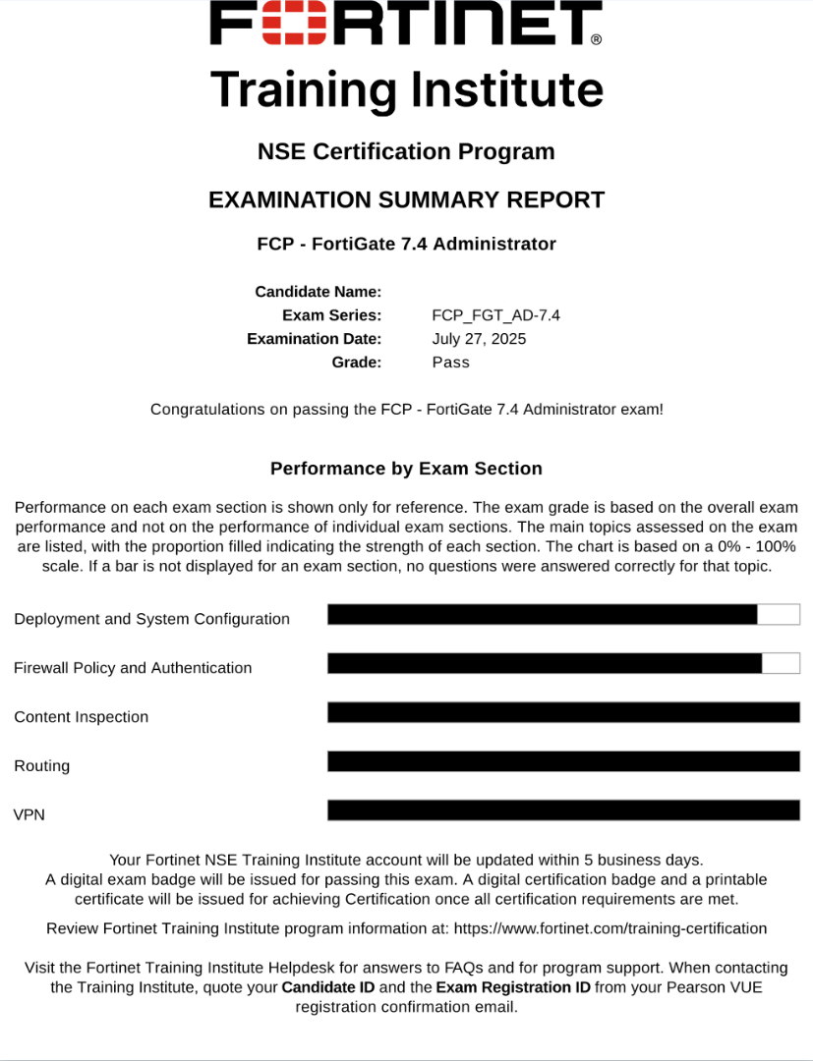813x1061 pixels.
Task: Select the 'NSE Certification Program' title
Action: tap(406, 152)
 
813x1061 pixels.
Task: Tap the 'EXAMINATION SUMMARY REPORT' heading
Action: tap(406, 200)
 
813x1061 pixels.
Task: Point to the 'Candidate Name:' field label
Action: tap(318, 292)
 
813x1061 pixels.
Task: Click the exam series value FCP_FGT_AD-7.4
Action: tap(495, 315)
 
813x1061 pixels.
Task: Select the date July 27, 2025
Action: tap(479, 339)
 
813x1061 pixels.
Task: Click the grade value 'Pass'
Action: tap(450, 363)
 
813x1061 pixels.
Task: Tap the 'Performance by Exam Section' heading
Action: tap(406, 469)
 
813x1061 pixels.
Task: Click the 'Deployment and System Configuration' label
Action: tap(151, 619)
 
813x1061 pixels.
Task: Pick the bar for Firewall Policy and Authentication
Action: tap(544, 663)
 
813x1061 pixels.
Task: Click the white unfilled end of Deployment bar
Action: tap(779, 615)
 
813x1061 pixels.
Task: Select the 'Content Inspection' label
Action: tap(81, 717)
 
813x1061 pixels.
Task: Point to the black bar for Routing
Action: tap(563, 761)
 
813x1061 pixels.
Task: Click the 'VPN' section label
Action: tap(29, 815)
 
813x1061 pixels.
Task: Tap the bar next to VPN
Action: tap(563, 810)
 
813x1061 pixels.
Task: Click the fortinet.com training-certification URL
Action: tap(610, 928)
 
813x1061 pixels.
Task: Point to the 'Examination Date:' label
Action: tap(314, 339)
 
